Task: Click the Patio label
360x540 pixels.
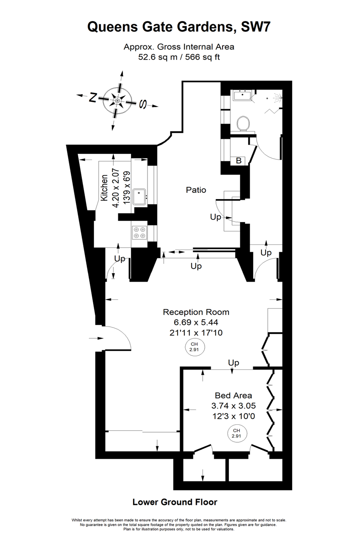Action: [196, 190]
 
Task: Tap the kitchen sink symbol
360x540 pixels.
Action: [139, 197]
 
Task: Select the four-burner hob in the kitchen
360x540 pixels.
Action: [139, 233]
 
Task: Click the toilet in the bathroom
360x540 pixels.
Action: [243, 123]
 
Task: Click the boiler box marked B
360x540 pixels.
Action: [239, 161]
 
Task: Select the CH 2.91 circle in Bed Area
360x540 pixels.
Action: [236, 433]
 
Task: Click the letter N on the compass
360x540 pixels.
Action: [93, 97]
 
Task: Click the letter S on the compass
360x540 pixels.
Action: [143, 104]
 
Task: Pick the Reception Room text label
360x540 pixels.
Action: [196, 312]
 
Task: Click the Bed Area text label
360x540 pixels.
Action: [233, 396]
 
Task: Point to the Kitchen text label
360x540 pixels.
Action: [104, 188]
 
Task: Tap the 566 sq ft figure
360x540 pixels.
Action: [202, 57]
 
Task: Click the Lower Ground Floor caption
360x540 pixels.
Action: [175, 502]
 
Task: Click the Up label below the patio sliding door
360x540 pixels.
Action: [196, 266]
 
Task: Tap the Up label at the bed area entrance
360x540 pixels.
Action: [233, 363]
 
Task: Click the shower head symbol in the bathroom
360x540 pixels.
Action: [278, 97]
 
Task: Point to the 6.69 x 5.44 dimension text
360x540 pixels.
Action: [196, 322]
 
